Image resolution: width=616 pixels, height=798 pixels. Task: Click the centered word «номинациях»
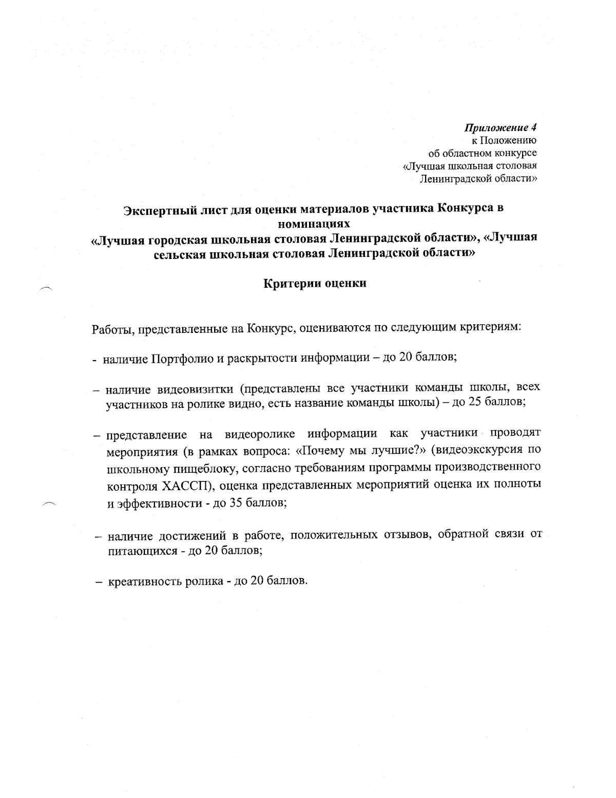point(313,224)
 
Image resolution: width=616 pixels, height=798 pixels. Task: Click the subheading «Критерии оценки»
point(315,283)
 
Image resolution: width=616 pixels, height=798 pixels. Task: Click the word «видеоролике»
point(260,435)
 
